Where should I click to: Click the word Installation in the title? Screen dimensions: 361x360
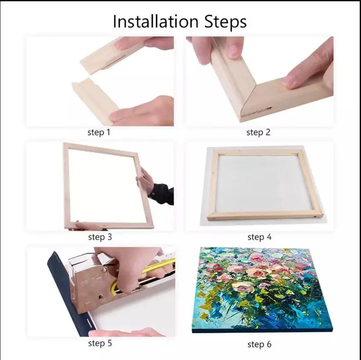pos(156,21)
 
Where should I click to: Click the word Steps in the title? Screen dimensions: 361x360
pos(225,22)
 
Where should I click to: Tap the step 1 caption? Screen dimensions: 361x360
pos(99,132)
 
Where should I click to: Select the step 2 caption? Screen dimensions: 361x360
pos(258,132)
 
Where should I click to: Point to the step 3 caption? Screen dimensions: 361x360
pos(100,237)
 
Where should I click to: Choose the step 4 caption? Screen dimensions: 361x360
pos(259,237)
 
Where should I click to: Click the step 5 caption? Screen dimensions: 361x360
pos(100,343)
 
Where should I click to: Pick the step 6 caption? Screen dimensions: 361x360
pos(259,344)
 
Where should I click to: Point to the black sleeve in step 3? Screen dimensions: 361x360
pos(162,194)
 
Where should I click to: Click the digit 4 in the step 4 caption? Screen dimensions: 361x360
pos(269,237)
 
